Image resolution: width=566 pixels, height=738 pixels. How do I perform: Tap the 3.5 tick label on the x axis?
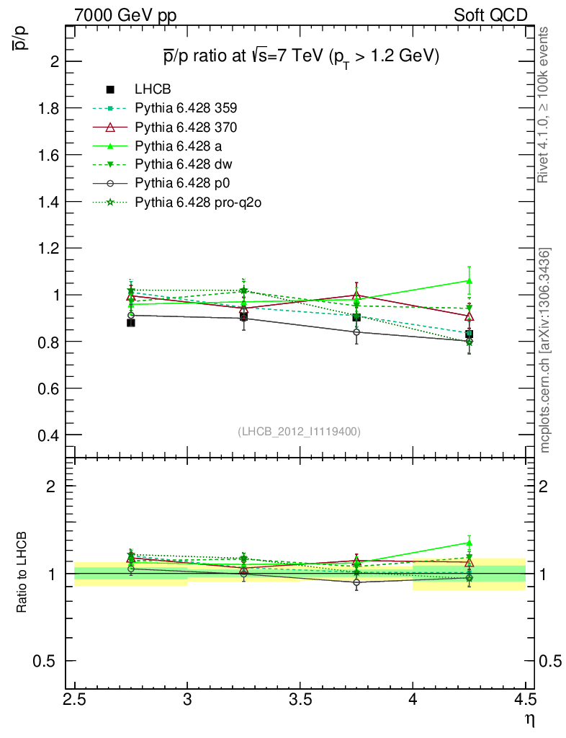[x=300, y=700]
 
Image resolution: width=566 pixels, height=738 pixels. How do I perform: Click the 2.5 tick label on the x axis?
[x=74, y=700]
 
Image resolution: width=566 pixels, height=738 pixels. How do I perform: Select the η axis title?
[x=529, y=719]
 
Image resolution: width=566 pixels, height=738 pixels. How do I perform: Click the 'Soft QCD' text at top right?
[x=490, y=14]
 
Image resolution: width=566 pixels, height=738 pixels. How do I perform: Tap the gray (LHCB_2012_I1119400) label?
[x=299, y=431]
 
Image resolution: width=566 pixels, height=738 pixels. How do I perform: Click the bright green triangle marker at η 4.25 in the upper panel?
[x=470, y=281]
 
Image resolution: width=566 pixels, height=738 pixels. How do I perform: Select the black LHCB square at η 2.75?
[x=131, y=323]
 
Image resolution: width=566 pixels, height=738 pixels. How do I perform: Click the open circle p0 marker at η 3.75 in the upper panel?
[x=356, y=332]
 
